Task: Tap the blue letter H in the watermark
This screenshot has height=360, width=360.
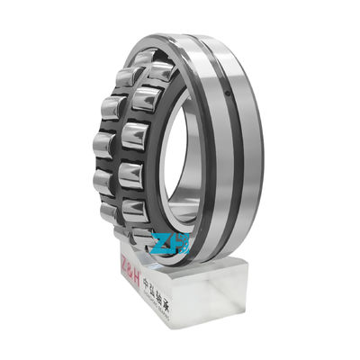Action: click(180, 244)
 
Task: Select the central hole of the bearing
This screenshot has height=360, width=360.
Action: click(180, 166)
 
